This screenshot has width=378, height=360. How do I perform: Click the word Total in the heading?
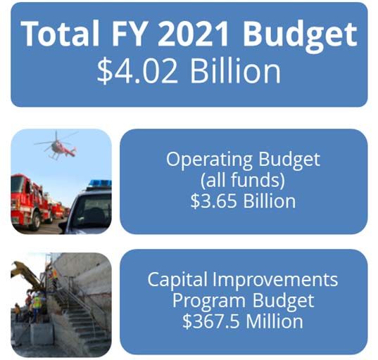[61, 33]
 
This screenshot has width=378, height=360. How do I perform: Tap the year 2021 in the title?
[193, 34]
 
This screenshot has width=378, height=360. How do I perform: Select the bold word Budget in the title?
[300, 36]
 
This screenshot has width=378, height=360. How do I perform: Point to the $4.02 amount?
[137, 71]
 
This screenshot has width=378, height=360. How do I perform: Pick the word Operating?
[209, 160]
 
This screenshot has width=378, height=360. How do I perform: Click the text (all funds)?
[243, 180]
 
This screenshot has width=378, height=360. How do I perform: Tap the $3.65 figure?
[213, 201]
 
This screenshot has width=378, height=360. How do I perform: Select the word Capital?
[177, 280]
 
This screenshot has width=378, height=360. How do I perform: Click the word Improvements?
[275, 280]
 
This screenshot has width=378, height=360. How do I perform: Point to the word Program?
[209, 302]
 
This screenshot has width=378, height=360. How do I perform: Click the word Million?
[275, 321]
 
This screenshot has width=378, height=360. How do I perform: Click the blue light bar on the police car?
[99, 184]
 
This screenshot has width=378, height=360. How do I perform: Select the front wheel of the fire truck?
[36, 221]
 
